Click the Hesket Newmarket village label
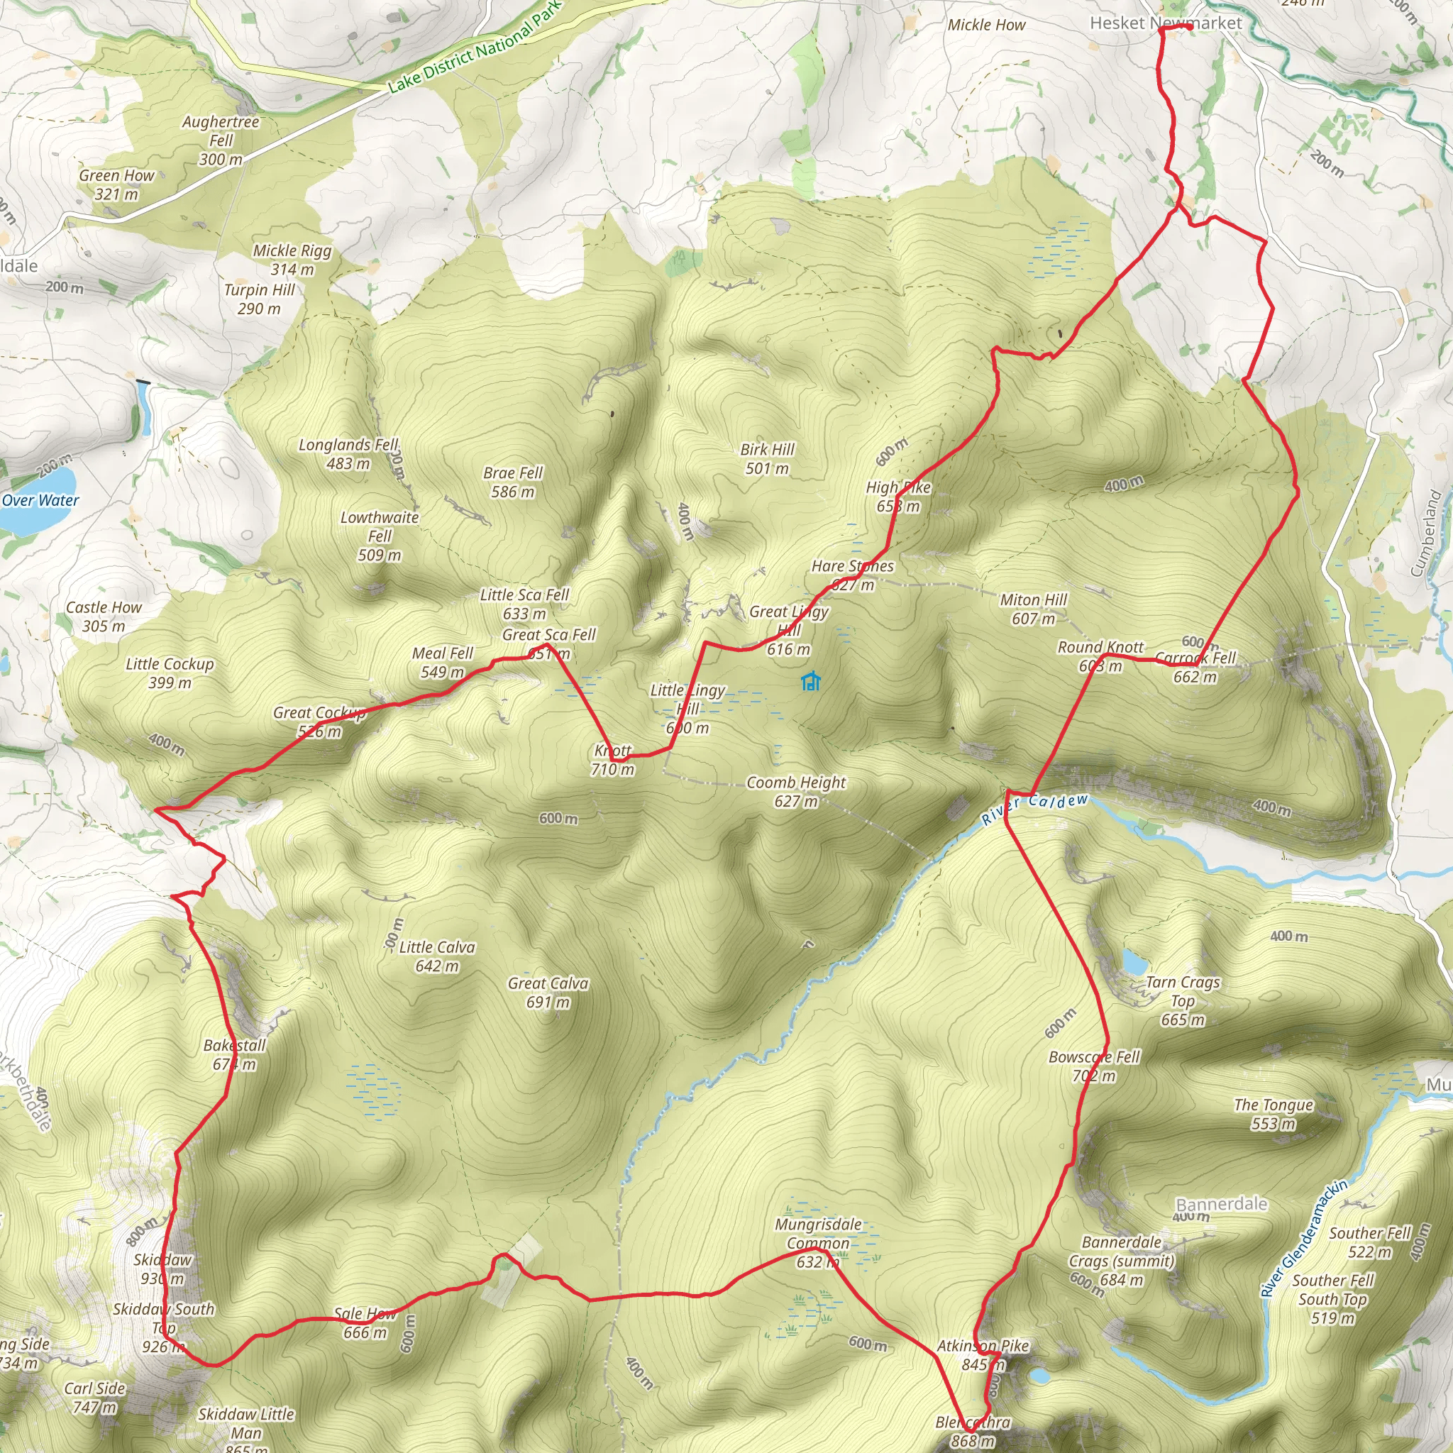click(x=1166, y=23)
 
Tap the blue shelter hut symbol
click(x=810, y=682)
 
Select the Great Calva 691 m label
click(x=548, y=992)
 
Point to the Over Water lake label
click(x=40, y=500)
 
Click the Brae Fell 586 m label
click(x=512, y=482)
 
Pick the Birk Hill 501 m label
click(x=766, y=459)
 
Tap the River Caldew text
click(x=1035, y=809)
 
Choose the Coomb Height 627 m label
click(x=796, y=791)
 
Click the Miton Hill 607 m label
click(x=1033, y=609)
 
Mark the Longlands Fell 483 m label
click(x=348, y=453)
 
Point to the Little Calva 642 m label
click(x=437, y=956)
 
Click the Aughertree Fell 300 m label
click(x=221, y=140)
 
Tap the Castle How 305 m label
click(x=104, y=616)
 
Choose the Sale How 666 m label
click(x=365, y=1323)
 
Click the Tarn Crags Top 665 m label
click(x=1182, y=1000)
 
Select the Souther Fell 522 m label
click(x=1369, y=1242)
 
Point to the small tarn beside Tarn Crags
click(x=1133, y=961)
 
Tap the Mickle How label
click(x=986, y=25)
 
